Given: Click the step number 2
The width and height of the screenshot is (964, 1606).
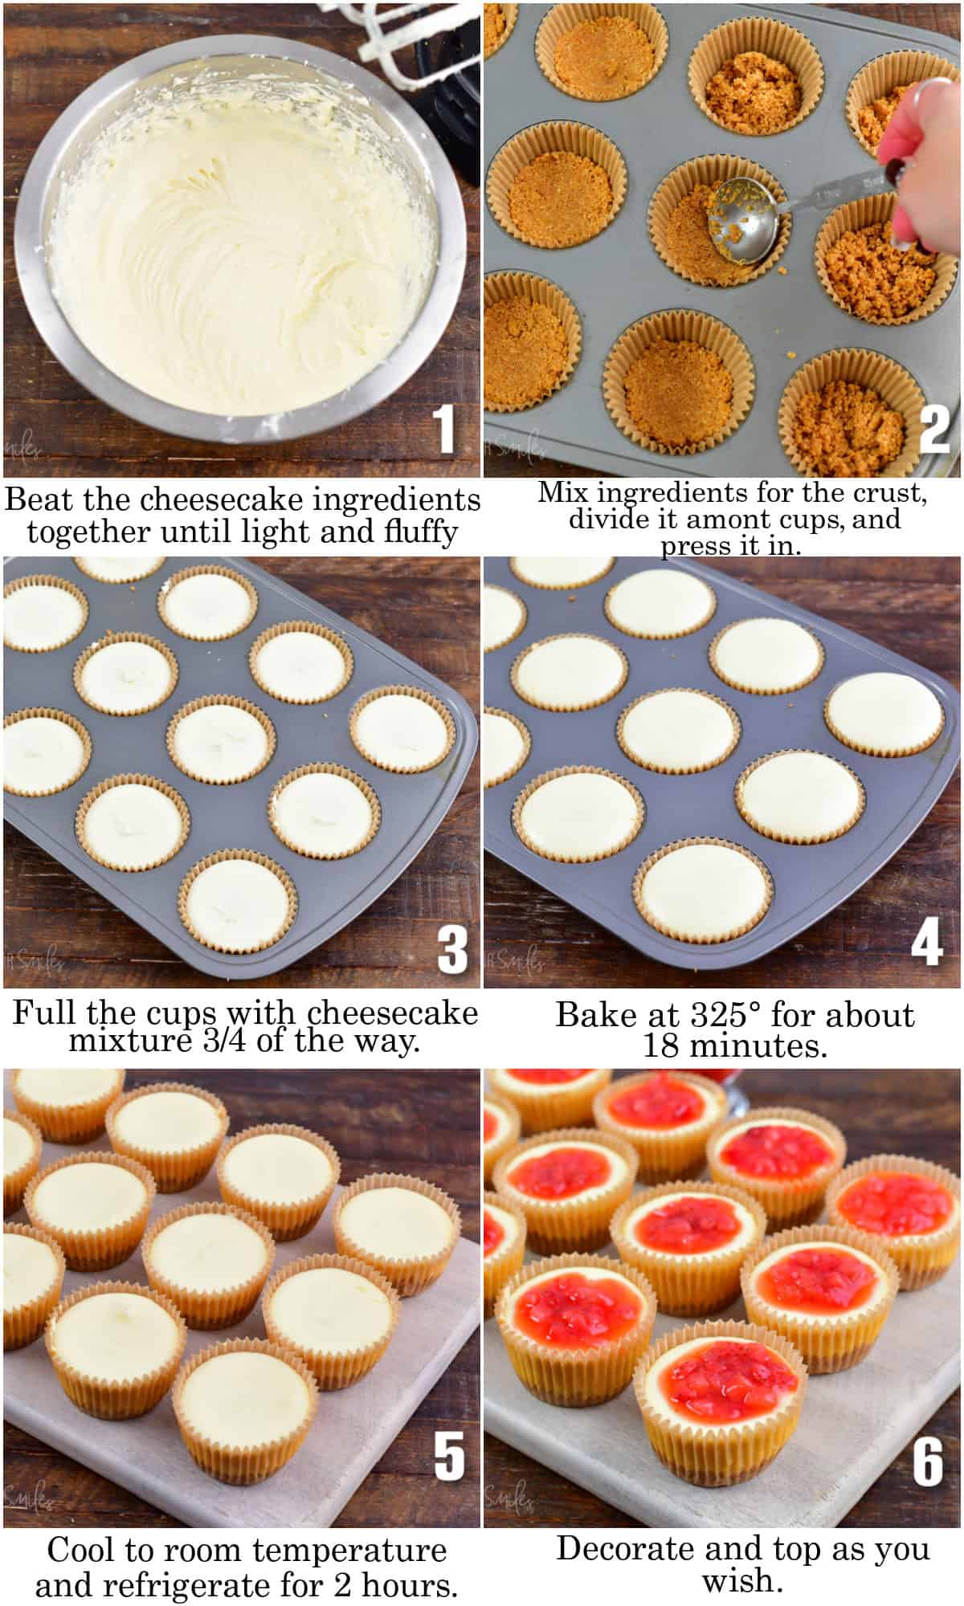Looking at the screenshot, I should click(933, 430).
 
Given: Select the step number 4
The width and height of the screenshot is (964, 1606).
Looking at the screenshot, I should click(926, 941).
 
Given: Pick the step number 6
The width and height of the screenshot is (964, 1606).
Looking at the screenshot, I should click(927, 1461).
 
